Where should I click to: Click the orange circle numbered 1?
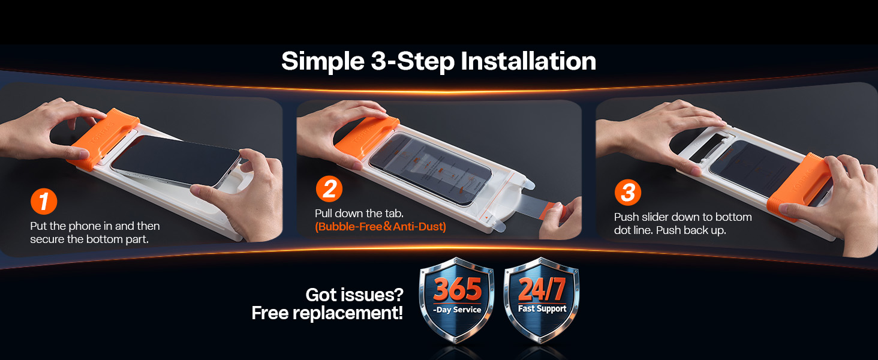[x=44, y=202]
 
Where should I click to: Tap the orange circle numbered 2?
[x=329, y=189]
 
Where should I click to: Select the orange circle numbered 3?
[x=628, y=193]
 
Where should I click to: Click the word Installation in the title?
[x=528, y=61]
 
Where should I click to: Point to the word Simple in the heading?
[x=323, y=62]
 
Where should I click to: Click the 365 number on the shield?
[x=458, y=289]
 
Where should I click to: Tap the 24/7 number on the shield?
[x=542, y=289]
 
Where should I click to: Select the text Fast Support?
[x=542, y=309]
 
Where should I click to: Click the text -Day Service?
[x=457, y=310]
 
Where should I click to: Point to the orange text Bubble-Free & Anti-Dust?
[x=380, y=227]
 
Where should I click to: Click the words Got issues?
[x=354, y=295]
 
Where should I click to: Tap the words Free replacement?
[x=327, y=313]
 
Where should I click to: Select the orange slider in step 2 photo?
[x=366, y=137]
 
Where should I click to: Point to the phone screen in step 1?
[x=176, y=160]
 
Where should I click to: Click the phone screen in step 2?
[x=431, y=169]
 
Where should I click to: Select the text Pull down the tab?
[x=359, y=214]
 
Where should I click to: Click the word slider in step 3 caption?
[x=654, y=217]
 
